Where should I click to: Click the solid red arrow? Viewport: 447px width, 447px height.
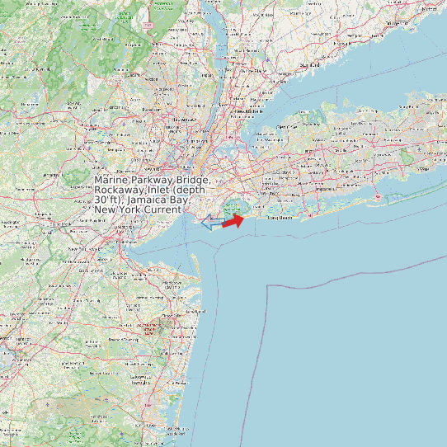click(x=233, y=220)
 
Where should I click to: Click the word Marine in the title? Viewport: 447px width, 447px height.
click(x=111, y=180)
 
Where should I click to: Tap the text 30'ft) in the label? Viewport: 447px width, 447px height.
click(x=107, y=200)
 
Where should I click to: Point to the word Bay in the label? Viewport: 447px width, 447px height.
click(x=181, y=200)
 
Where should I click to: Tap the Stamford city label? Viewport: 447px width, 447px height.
click(x=309, y=64)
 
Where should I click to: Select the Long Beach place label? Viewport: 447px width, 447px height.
click(x=281, y=219)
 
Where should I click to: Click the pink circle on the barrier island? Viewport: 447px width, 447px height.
click(x=377, y=197)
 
